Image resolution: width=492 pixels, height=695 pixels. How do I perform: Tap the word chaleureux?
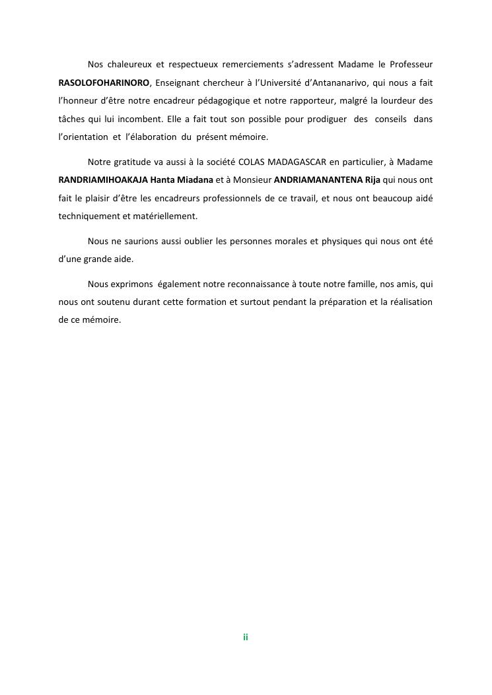pyautogui.click(x=125, y=64)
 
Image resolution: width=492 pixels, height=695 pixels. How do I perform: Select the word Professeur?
pyautogui.click(x=409, y=64)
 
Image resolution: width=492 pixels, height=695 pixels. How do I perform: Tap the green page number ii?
pyautogui.click(x=245, y=637)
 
